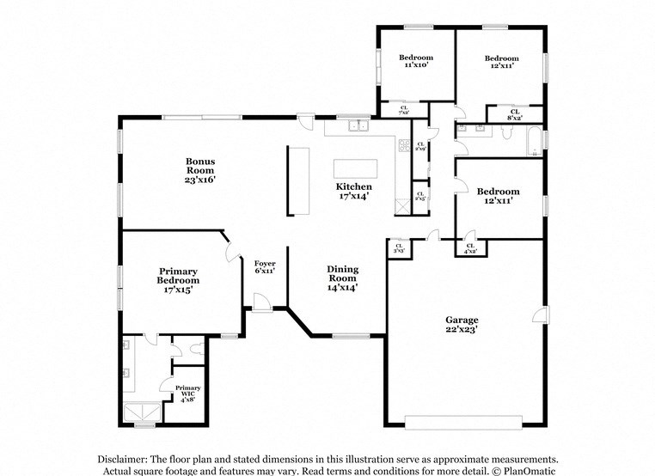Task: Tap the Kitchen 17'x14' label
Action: coord(353,191)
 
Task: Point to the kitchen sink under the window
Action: coord(358,128)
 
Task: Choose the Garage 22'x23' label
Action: coord(461,323)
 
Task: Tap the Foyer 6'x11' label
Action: coord(264,266)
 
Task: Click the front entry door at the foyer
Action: coord(263,302)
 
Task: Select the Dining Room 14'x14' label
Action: coord(341,278)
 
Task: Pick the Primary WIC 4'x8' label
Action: coord(187,392)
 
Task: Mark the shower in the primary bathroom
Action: coord(141,413)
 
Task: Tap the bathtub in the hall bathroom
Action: coord(535,143)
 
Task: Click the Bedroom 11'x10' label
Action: coord(416,61)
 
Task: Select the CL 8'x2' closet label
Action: coord(514,114)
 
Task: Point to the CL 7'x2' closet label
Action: coord(403,110)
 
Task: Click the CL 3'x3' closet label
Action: coord(399,249)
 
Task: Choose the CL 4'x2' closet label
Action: coord(470,248)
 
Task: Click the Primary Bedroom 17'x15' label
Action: coord(178,281)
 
